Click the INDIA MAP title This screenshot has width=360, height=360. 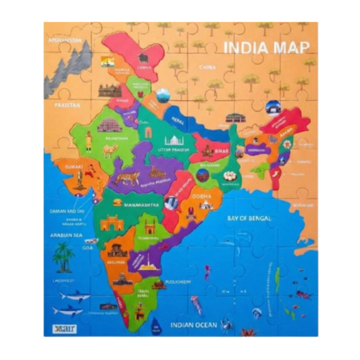265,48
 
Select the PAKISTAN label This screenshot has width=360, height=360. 68,105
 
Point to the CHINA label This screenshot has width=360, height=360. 207,68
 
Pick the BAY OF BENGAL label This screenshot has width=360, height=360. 249,218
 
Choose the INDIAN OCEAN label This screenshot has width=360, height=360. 195,324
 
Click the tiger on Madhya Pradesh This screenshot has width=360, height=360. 126,178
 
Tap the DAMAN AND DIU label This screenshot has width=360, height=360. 67,211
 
